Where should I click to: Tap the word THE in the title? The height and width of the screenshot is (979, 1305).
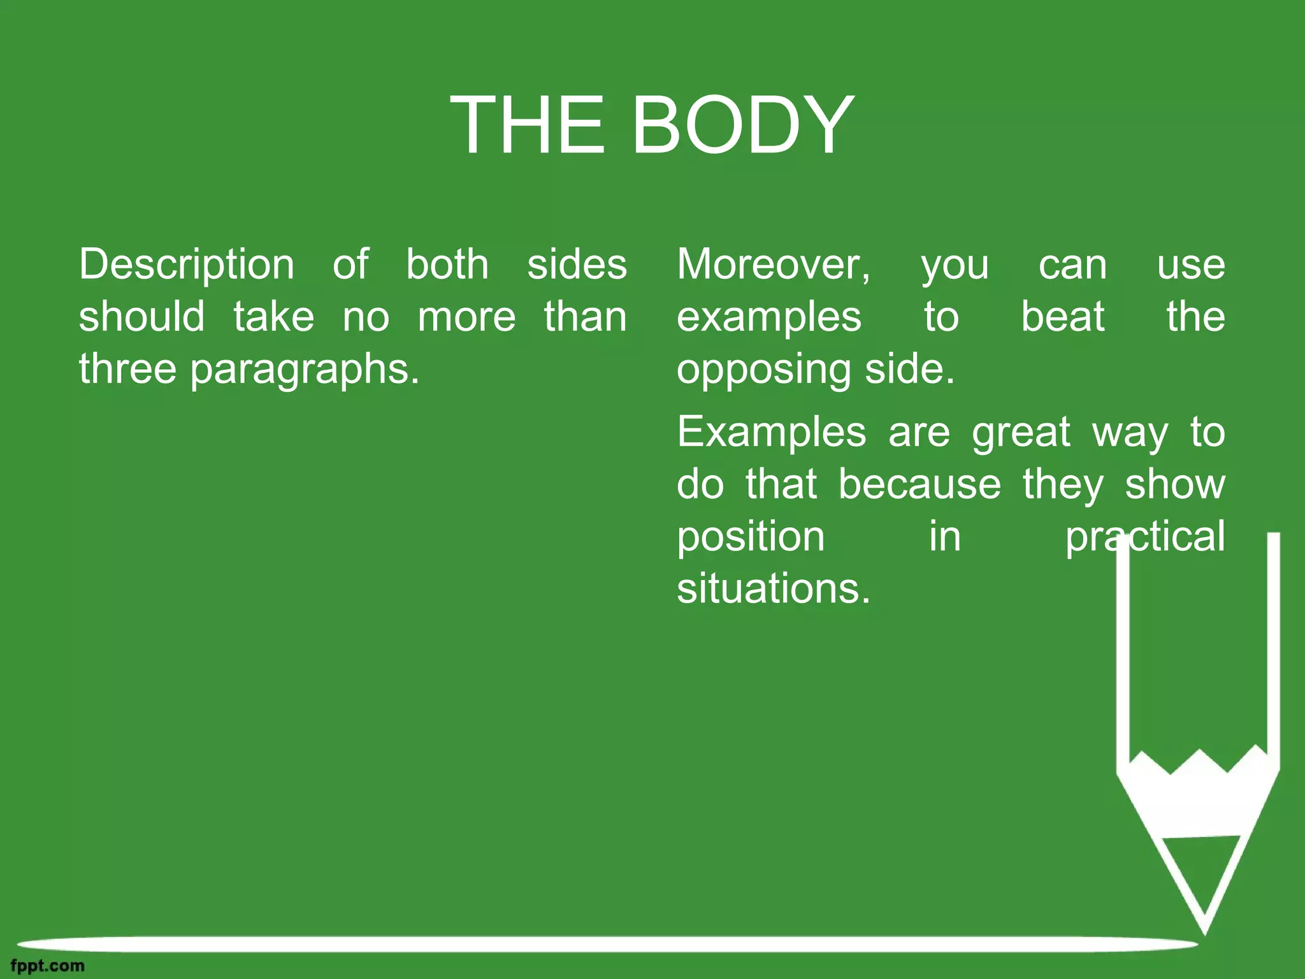(527, 124)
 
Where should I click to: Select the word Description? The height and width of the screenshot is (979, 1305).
(187, 265)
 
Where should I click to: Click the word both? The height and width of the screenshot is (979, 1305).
(447, 265)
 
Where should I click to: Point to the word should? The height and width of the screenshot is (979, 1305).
(141, 317)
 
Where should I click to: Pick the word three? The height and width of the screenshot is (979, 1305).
(127, 369)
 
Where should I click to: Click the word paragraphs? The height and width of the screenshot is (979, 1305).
(305, 370)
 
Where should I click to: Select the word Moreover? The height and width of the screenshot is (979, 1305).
(773, 265)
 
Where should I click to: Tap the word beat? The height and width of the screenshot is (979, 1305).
(1062, 317)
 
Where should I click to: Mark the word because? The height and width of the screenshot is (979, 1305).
(919, 484)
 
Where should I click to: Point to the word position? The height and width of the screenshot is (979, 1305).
(751, 537)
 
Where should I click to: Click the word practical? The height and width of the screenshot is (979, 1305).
(1145, 537)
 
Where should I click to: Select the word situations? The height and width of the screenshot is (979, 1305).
(773, 589)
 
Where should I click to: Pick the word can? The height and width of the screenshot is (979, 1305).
(1072, 265)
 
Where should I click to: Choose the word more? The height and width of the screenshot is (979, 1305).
(466, 317)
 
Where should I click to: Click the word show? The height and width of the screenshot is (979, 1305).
(1174, 484)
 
